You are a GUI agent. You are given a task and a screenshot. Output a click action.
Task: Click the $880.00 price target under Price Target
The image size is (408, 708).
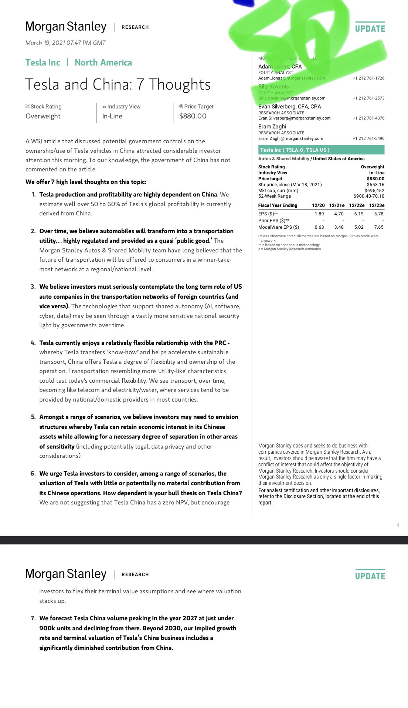coord(193,116)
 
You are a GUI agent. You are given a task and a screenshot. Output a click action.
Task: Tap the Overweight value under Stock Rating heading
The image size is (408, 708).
coord(43,116)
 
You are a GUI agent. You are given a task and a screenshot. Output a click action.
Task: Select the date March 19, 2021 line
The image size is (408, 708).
coord(65,43)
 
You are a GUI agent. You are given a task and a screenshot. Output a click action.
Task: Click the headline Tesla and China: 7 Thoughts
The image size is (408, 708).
coord(118,85)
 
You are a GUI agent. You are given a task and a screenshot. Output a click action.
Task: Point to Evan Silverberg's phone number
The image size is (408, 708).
coord(368,118)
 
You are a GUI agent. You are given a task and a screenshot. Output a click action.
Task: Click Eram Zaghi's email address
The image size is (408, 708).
coord(290,139)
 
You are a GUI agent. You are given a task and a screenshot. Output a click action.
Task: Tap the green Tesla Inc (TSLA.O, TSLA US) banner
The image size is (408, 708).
coord(321,150)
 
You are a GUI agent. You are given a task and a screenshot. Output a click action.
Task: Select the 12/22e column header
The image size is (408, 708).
coord(356,205)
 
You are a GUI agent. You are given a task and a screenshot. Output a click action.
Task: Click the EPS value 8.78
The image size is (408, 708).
coord(378,214)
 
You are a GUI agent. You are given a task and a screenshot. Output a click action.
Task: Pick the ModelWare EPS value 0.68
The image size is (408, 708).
coord(319,227)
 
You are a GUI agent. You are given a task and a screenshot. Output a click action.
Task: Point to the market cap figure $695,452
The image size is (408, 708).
coord(374,191)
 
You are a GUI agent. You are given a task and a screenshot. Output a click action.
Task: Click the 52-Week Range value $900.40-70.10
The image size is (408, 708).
coord(368,196)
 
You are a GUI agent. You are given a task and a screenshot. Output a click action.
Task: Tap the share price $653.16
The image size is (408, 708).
coord(375,185)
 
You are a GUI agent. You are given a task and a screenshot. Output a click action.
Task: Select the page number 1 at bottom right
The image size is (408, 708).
coord(398,525)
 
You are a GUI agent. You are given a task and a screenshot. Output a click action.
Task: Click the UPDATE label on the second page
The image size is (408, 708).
coord(370,576)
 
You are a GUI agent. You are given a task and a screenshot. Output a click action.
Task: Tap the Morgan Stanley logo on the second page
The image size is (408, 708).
coord(66,574)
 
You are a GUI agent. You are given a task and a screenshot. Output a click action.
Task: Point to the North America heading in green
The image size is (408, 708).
coord(103,63)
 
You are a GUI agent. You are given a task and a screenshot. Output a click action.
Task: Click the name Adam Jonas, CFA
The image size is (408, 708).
coord(280,67)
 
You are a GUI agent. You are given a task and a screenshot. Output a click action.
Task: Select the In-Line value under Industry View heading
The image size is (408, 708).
coord(112,116)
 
